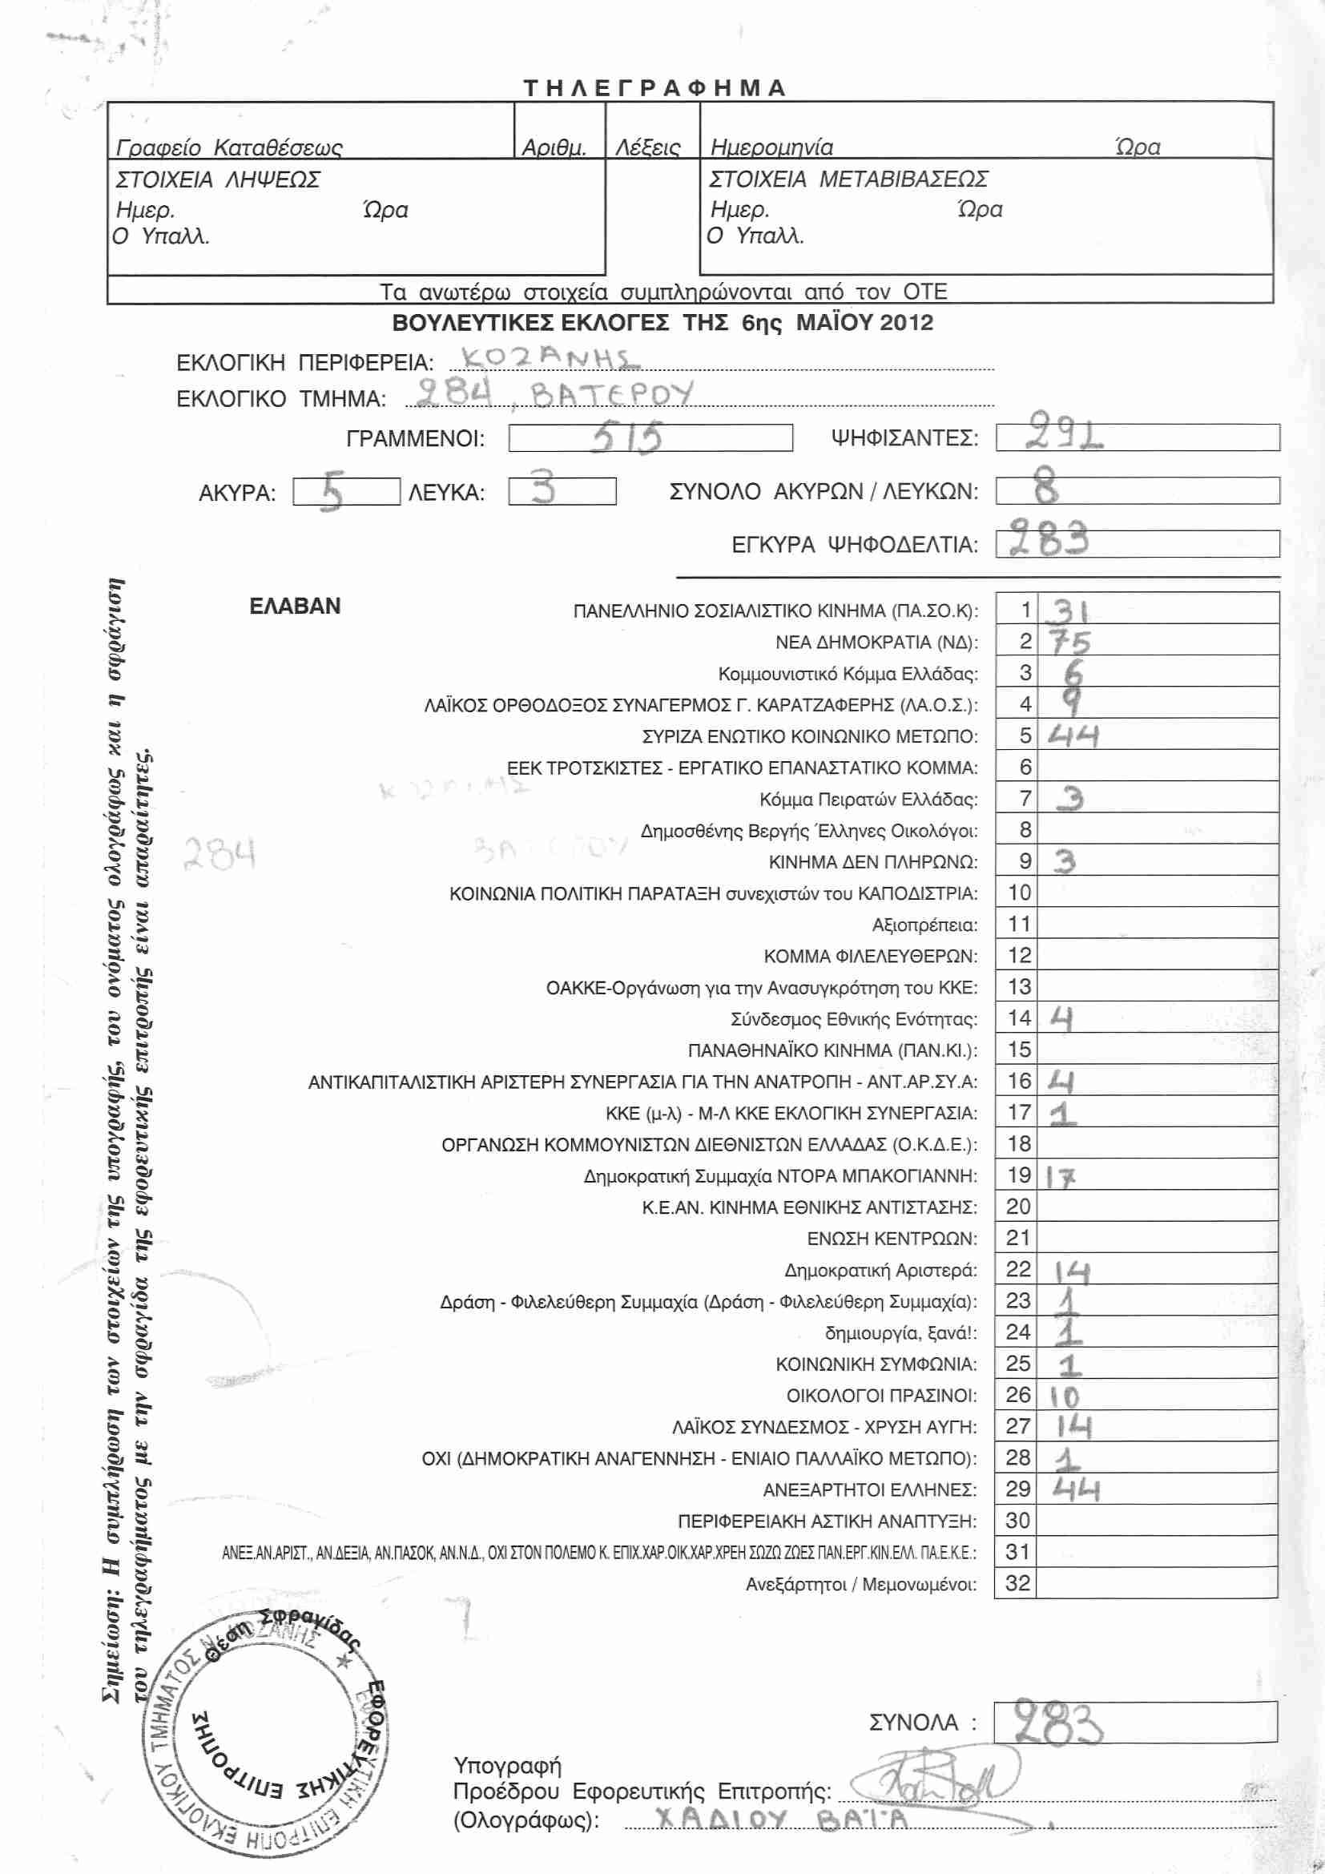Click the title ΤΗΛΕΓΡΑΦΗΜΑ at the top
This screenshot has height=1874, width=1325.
pyautogui.click(x=654, y=88)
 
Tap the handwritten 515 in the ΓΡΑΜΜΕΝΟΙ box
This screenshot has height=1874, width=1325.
pyautogui.click(x=627, y=438)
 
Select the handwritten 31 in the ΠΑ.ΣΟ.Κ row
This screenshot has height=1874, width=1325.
pyautogui.click(x=1068, y=611)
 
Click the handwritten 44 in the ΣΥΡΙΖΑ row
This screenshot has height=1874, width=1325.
pyautogui.click(x=1073, y=736)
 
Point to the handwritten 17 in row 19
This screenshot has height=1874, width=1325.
pyautogui.click(x=1061, y=1177)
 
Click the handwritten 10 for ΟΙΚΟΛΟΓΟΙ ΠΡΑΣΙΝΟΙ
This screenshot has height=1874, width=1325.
pyautogui.click(x=1065, y=1396)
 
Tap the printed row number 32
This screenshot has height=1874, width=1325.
pyautogui.click(x=1017, y=1583)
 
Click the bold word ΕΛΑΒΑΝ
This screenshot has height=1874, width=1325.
pyautogui.click(x=295, y=607)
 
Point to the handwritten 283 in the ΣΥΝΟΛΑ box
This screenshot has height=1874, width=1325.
pyautogui.click(x=1057, y=1723)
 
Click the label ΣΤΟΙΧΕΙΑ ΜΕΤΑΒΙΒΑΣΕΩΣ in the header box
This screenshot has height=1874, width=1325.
pyautogui.click(x=848, y=179)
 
